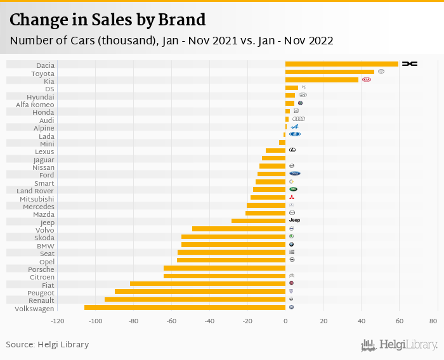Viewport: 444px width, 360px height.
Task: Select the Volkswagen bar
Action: click(185, 307)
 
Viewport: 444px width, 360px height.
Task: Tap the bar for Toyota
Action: click(329, 72)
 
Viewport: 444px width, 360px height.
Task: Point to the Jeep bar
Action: click(258, 221)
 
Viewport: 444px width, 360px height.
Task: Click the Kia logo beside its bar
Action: click(367, 80)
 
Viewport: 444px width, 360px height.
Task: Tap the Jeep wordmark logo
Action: click(294, 220)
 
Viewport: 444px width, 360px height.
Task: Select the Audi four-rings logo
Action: click(299, 119)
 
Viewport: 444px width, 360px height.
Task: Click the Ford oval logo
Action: click(294, 174)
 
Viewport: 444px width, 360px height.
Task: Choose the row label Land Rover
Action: click(36, 191)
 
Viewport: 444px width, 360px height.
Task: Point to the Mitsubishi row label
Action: click(37, 199)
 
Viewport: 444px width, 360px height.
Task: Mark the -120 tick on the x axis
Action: click(57, 321)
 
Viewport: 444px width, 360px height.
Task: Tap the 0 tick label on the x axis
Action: click(285, 321)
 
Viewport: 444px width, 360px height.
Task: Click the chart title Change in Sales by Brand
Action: click(108, 20)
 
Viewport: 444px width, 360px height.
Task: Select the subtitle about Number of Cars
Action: click(171, 41)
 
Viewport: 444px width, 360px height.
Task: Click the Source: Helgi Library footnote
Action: click(48, 345)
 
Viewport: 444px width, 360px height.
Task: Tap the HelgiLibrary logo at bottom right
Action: click(399, 345)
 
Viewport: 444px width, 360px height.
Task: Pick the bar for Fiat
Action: click(207, 283)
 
